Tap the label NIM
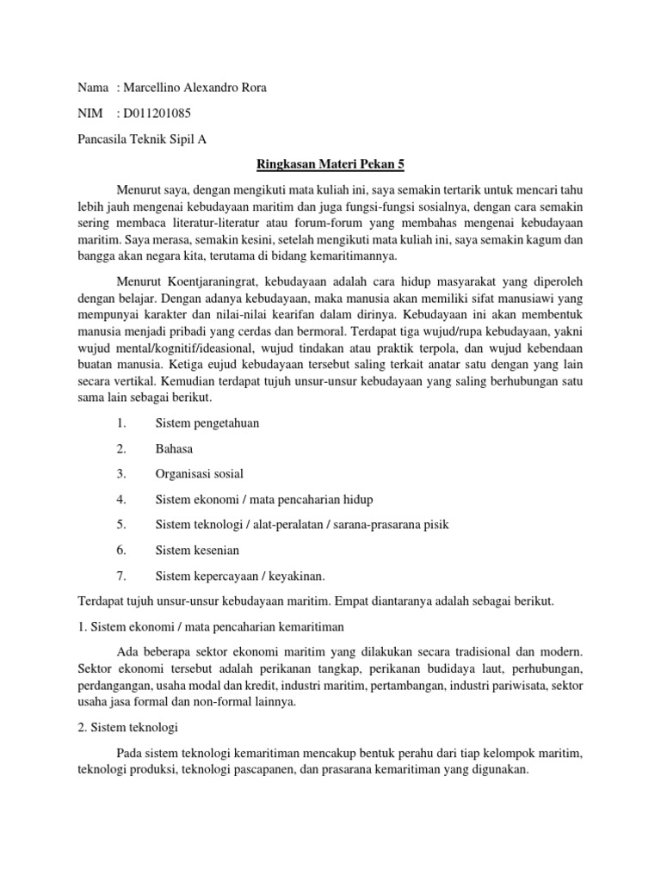click(91, 114)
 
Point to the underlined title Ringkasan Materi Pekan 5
click(330, 163)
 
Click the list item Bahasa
click(174, 448)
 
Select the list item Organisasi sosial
click(200, 473)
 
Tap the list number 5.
click(121, 524)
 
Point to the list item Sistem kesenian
click(197, 549)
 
